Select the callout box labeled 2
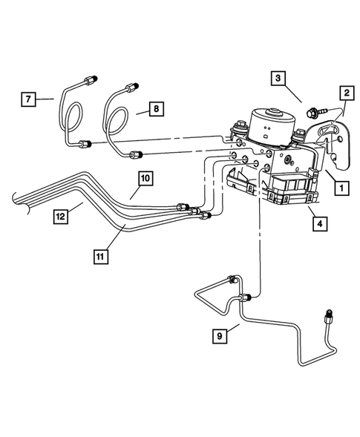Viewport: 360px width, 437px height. click(x=346, y=93)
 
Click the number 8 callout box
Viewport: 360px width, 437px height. click(x=154, y=108)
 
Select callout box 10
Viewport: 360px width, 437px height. click(x=143, y=178)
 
